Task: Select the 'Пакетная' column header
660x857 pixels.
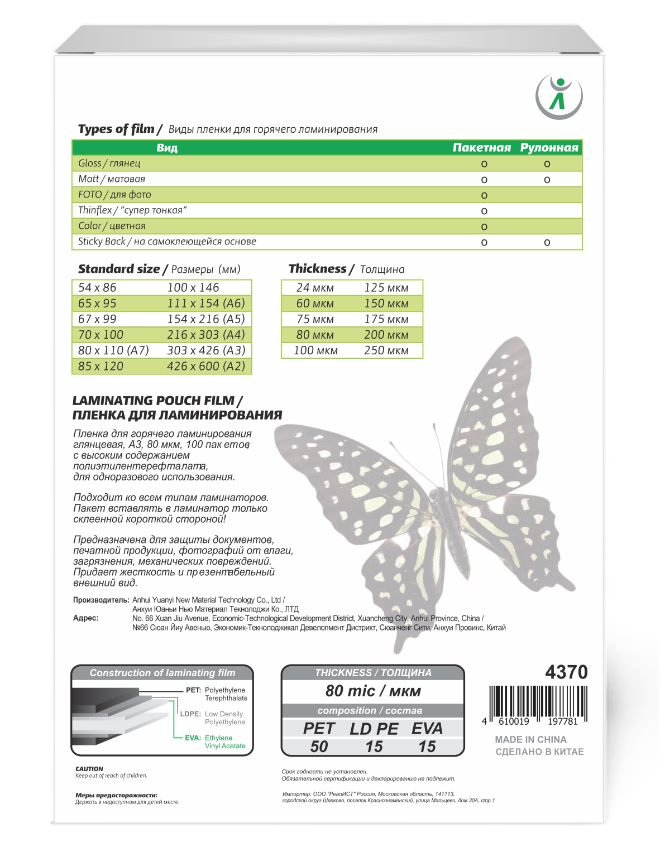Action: click(481, 148)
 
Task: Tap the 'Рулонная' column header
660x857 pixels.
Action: click(549, 148)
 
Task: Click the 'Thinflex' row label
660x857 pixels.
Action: click(95, 210)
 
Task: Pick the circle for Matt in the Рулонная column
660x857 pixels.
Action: click(547, 180)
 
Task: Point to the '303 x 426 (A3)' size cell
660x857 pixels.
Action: click(206, 350)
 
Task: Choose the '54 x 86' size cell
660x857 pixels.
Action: click(97, 288)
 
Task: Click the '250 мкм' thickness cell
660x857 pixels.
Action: click(386, 351)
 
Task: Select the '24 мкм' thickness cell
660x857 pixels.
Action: click(315, 288)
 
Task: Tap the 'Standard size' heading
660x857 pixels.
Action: click(119, 269)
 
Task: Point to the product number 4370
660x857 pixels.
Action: click(566, 672)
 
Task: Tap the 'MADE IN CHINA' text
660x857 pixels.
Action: click(530, 739)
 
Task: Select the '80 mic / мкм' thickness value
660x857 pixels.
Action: click(373, 691)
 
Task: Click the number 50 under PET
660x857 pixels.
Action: click(319, 747)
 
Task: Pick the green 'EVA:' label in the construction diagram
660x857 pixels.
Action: click(193, 738)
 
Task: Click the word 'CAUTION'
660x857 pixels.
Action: click(89, 769)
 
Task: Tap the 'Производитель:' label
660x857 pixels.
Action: click(101, 600)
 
